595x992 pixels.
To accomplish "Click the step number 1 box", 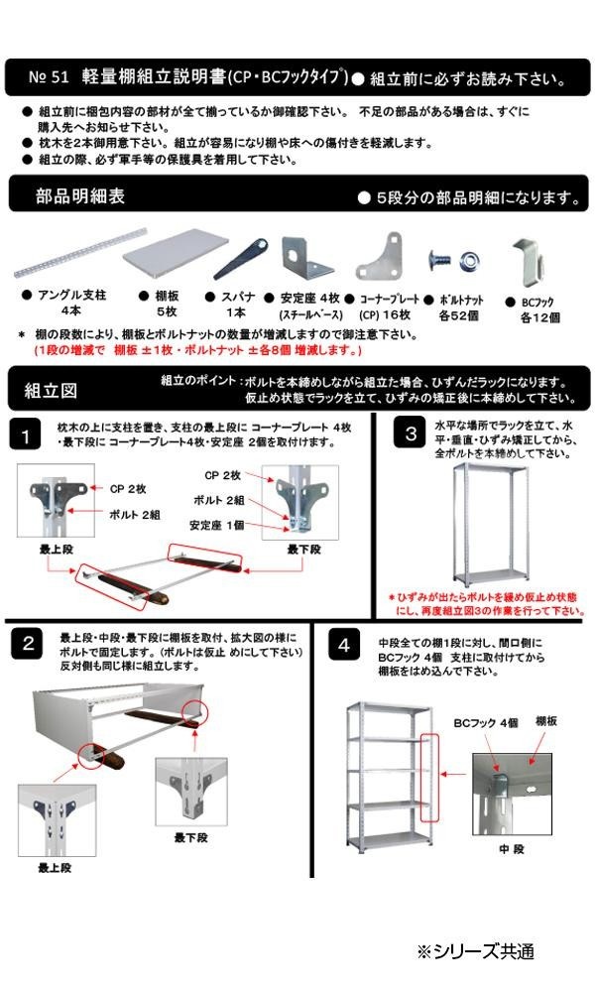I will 29,434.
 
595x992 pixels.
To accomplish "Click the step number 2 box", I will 29,645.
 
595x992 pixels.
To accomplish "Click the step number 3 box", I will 410,434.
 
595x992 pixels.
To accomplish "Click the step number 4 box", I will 344,646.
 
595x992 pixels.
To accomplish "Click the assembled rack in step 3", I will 487,526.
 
